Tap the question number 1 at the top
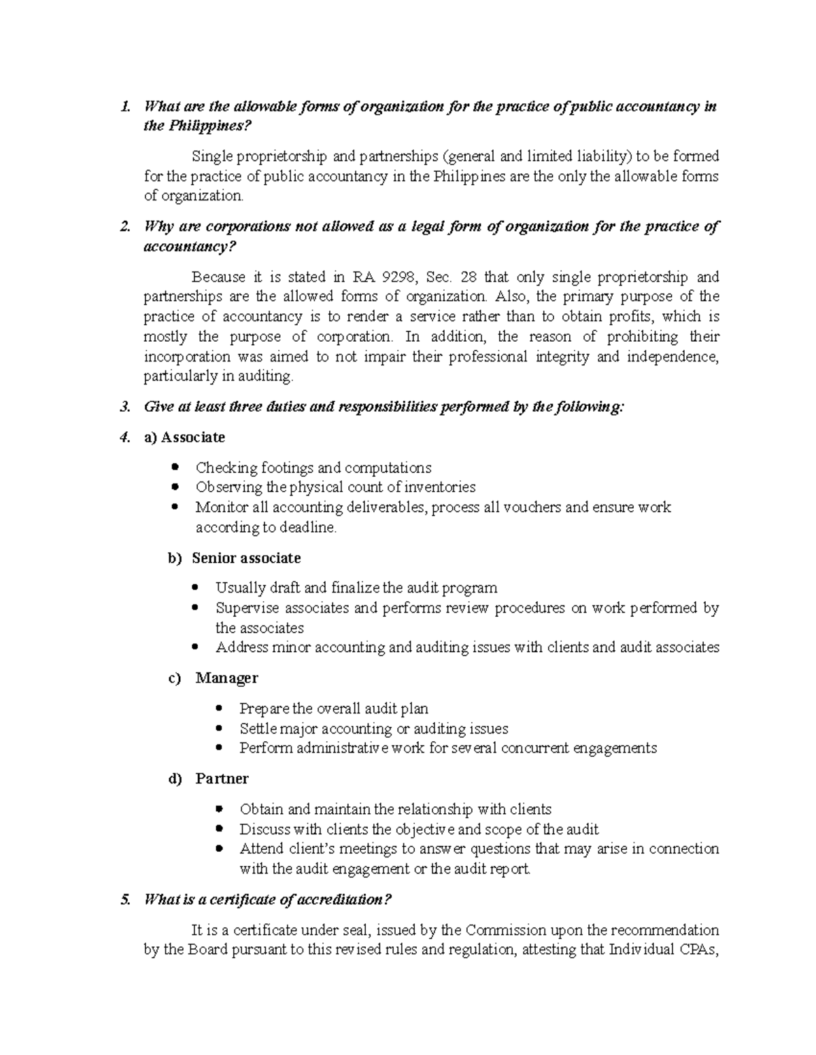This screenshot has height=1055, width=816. pyautogui.click(x=123, y=107)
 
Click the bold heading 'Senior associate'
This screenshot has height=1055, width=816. pyautogui.click(x=246, y=558)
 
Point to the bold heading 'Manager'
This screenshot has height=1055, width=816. pyautogui.click(x=226, y=678)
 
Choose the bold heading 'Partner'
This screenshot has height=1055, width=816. pyautogui.click(x=222, y=779)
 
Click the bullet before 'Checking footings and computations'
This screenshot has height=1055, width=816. pyautogui.click(x=175, y=467)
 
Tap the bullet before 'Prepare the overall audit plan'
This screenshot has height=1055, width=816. pyautogui.click(x=218, y=709)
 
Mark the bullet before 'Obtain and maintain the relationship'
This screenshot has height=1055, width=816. pyautogui.click(x=218, y=809)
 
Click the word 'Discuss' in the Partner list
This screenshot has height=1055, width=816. pyautogui.click(x=262, y=829)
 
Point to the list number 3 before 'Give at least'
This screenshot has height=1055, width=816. pyautogui.click(x=124, y=407)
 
